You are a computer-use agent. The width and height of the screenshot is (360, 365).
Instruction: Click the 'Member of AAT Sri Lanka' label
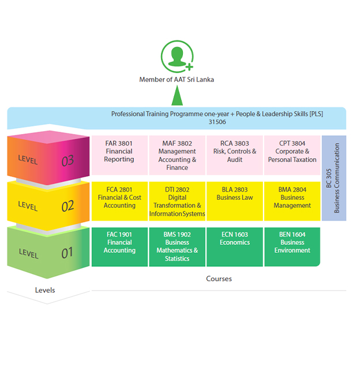tap(177, 80)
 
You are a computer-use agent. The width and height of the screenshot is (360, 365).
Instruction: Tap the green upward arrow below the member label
tap(177, 95)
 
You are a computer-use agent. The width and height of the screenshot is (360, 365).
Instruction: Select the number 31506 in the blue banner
tap(217, 122)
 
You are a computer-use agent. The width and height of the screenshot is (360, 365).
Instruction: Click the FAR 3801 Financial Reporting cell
tap(119, 155)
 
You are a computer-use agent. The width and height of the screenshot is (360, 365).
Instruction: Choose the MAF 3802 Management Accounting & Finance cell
tap(177, 155)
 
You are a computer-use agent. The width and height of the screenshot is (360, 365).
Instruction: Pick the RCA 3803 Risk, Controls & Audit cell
tap(235, 155)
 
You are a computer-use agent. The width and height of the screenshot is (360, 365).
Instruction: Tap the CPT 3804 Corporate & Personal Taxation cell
tap(292, 155)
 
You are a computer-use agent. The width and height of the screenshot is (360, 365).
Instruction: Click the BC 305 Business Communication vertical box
tap(334, 174)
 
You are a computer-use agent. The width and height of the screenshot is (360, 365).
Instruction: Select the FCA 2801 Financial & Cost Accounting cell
tap(119, 201)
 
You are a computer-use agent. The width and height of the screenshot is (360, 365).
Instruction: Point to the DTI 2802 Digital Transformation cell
tap(177, 201)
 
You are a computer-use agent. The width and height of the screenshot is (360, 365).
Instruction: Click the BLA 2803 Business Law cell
tap(235, 201)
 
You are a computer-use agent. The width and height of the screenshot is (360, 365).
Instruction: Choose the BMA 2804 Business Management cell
tap(292, 201)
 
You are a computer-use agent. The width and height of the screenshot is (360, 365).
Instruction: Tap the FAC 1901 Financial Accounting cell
tap(119, 247)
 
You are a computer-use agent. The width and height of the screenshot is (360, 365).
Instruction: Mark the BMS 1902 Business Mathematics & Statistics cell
tap(177, 247)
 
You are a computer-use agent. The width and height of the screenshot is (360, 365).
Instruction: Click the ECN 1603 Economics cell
tap(235, 247)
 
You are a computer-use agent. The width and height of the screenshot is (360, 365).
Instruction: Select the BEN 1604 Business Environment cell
tap(292, 247)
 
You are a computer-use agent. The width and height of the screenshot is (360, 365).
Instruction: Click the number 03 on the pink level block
tap(67, 161)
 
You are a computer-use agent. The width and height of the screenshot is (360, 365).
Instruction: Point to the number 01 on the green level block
tap(67, 252)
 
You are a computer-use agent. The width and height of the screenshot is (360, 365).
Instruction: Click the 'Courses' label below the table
tap(219, 279)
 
